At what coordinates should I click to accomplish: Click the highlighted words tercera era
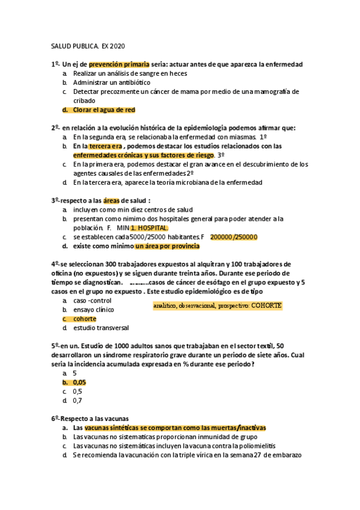(106, 146)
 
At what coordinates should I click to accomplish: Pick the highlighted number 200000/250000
(234, 237)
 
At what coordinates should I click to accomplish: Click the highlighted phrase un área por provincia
(167, 246)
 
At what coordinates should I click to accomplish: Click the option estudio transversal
(101, 328)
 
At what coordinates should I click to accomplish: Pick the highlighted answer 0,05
(79, 382)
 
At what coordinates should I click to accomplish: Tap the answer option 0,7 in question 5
(78, 400)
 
